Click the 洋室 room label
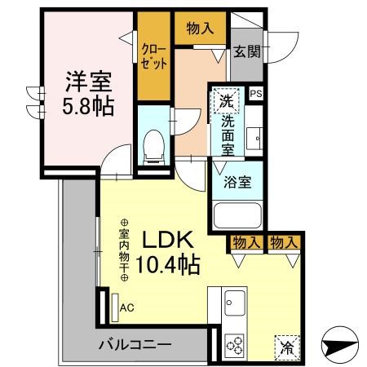tap(89, 82)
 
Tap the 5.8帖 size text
tap(88, 106)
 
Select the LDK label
tap(168, 240)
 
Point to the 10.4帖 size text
tap(168, 264)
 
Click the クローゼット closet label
tap(154, 57)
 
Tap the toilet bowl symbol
tap(154, 147)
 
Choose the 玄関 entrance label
tap(247, 51)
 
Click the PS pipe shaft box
tap(256, 94)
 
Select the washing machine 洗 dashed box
tap(227, 100)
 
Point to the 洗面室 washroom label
tap(228, 135)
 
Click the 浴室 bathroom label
tap(237, 182)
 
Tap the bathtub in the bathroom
tap(237, 215)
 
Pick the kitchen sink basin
tap(235, 303)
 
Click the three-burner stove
tap(235, 345)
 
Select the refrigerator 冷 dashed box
tap(287, 348)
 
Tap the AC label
tap(127, 307)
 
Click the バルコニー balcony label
tap(135, 345)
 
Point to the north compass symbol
tap(340, 345)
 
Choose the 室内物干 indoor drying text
tap(124, 250)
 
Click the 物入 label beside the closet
tap(200, 29)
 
